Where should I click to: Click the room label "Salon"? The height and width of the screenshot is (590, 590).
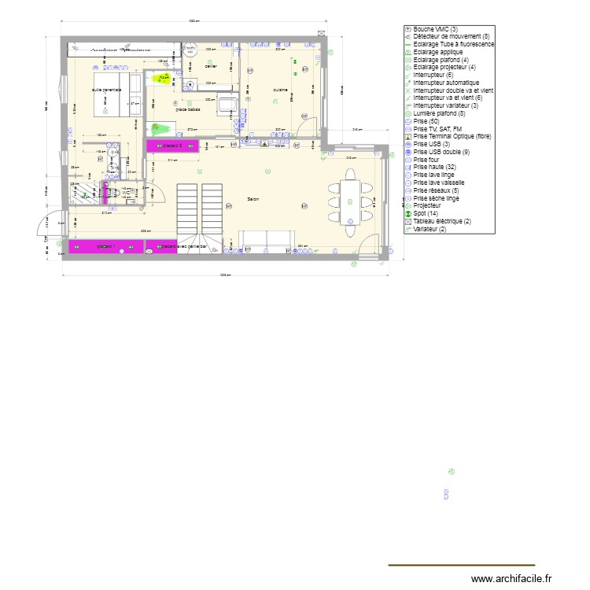pos(253,199)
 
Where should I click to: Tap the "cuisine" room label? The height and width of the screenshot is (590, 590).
pos(281,90)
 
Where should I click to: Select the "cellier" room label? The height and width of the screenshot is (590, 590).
pos(210,66)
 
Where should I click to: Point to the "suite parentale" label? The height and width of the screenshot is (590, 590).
pos(106,90)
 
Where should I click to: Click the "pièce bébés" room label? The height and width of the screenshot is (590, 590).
pos(187,109)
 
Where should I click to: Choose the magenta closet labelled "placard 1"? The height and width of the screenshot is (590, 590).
pos(106,247)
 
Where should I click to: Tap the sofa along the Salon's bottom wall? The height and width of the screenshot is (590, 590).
pos(267,240)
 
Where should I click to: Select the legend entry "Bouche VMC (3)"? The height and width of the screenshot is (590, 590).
pos(441,28)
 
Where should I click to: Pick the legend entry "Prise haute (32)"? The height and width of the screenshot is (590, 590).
pos(433,167)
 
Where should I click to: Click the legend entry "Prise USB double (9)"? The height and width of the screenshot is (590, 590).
pos(441,151)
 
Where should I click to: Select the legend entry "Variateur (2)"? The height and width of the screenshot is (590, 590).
pos(432,229)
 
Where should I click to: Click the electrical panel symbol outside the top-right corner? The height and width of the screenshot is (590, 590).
pos(322,32)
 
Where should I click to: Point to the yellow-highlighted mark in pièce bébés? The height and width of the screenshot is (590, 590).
pos(164,78)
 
